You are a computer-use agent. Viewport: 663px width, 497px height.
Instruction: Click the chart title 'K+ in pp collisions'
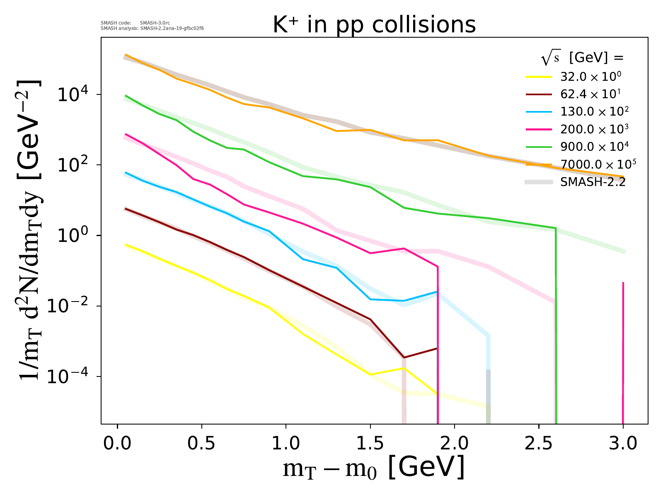(x=374, y=25)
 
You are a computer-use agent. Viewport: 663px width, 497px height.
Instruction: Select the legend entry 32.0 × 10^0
(x=590, y=77)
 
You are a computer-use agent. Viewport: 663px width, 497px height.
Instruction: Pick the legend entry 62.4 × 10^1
(x=590, y=94)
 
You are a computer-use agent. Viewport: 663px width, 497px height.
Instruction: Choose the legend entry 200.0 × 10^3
(x=594, y=129)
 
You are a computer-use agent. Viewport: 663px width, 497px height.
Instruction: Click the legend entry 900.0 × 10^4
(x=594, y=147)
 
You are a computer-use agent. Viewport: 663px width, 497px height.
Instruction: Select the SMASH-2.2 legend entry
(x=593, y=182)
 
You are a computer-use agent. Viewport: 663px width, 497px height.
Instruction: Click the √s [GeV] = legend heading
(x=582, y=58)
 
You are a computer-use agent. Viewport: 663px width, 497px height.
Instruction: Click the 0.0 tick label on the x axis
(x=118, y=443)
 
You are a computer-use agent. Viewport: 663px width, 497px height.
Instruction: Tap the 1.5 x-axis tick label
(x=370, y=443)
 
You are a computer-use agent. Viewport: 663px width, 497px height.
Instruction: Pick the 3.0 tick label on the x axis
(x=623, y=443)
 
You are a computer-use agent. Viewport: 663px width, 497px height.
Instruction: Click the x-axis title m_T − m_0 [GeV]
(x=373, y=468)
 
